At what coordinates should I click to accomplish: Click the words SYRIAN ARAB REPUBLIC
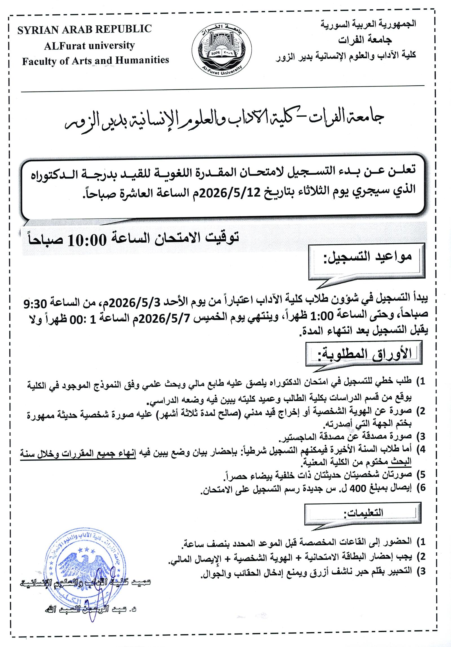click(84, 29)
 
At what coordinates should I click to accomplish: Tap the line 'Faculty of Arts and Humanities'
click(95, 60)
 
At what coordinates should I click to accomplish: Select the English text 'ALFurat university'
click(89, 45)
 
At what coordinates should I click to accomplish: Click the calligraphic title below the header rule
click(223, 123)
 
